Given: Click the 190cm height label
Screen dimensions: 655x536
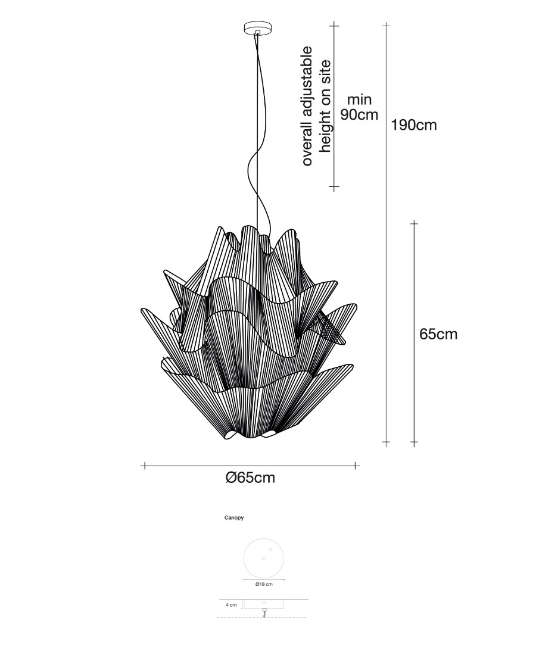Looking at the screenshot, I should [x=414, y=126].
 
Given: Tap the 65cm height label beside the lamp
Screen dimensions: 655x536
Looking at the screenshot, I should [x=438, y=334].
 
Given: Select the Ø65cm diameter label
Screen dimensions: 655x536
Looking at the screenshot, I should [x=250, y=478].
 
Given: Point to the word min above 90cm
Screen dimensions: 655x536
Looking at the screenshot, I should [x=360, y=99].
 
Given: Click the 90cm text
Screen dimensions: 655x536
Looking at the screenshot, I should [x=360, y=114].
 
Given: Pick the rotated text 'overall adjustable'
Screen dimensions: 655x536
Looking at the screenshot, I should [x=307, y=105].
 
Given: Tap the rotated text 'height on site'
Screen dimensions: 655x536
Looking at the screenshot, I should [x=325, y=106].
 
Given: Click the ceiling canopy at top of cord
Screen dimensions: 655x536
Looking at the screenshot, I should [x=257, y=28].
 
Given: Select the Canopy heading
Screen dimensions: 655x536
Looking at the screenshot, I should [x=233, y=518].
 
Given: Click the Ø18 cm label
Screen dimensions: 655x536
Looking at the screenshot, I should [x=263, y=584].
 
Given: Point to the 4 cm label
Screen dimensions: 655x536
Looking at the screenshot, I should [x=231, y=604].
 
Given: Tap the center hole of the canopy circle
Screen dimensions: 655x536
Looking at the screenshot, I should [x=263, y=558].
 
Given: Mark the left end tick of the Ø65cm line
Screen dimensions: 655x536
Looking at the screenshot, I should [x=144, y=465].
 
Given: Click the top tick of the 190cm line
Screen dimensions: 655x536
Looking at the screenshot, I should [x=387, y=26].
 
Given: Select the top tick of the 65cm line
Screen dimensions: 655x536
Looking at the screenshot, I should [x=414, y=223].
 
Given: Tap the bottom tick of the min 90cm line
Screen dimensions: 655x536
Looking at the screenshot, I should [x=334, y=188].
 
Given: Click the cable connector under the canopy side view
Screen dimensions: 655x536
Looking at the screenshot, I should [x=264, y=611].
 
